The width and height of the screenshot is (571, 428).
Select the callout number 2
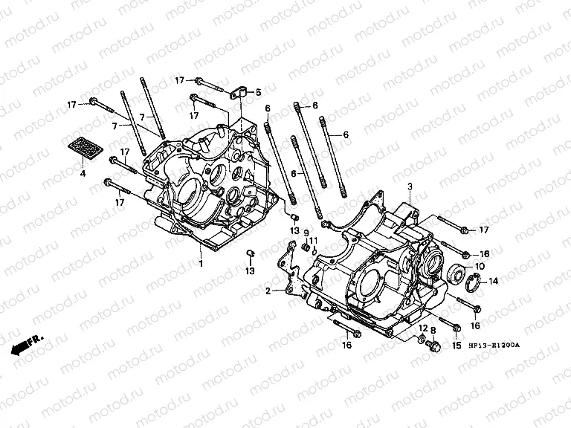[268, 291]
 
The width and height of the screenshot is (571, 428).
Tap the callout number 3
[409, 185]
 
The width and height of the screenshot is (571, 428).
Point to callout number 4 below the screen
[83, 173]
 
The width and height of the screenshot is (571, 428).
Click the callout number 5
[259, 93]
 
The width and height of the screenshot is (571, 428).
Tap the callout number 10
[480, 265]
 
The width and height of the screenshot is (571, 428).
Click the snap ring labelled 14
[473, 281]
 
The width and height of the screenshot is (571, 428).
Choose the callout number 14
[494, 281]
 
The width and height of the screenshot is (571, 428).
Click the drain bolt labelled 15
[436, 346]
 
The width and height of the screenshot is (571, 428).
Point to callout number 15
[457, 346]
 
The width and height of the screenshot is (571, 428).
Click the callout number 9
[305, 233]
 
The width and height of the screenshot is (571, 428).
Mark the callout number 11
[314, 240]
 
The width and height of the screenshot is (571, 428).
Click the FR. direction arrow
[27, 343]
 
